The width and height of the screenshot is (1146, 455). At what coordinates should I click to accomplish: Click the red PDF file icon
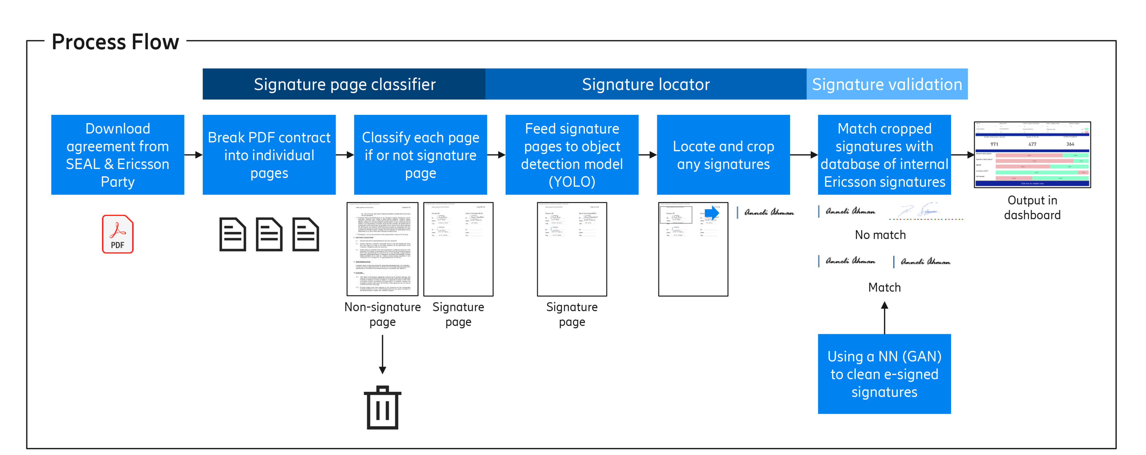[118, 234]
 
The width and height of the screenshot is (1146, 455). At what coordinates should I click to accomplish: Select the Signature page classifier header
[344, 84]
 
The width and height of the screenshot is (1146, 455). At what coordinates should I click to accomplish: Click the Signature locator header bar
[646, 84]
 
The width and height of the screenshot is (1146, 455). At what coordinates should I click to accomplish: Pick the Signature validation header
[887, 84]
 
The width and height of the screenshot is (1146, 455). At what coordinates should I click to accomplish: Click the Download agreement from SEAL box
[118, 155]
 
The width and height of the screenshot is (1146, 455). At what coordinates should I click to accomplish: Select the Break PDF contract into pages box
[269, 155]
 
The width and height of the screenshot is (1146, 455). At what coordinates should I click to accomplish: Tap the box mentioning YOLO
[572, 155]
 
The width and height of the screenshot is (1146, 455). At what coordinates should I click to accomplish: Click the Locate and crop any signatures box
[723, 155]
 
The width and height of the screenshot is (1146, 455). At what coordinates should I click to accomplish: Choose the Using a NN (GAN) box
[884, 374]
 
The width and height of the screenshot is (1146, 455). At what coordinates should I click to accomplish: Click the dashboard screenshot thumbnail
[1032, 154]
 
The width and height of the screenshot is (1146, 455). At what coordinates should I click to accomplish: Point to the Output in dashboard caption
[1032, 207]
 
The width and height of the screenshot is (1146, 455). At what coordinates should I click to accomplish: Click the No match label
[880, 235]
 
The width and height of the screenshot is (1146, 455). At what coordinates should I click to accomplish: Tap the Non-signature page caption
[382, 314]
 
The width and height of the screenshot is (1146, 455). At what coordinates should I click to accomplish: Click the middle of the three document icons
[269, 234]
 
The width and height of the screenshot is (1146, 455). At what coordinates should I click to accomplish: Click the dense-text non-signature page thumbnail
[382, 249]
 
